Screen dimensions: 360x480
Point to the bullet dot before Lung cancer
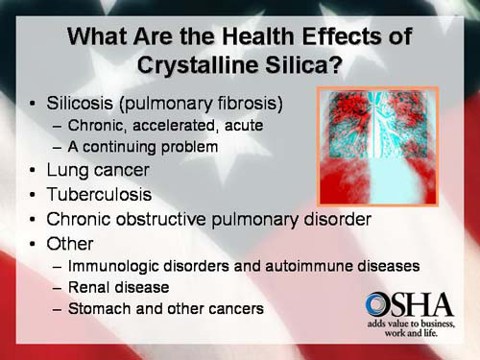34,171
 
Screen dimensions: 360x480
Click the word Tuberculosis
99,194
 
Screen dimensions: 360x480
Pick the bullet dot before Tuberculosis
34,195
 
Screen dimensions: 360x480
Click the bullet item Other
72,242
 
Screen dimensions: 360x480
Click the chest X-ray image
377,145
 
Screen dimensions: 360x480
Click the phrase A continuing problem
143,147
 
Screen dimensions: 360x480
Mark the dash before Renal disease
60,287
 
